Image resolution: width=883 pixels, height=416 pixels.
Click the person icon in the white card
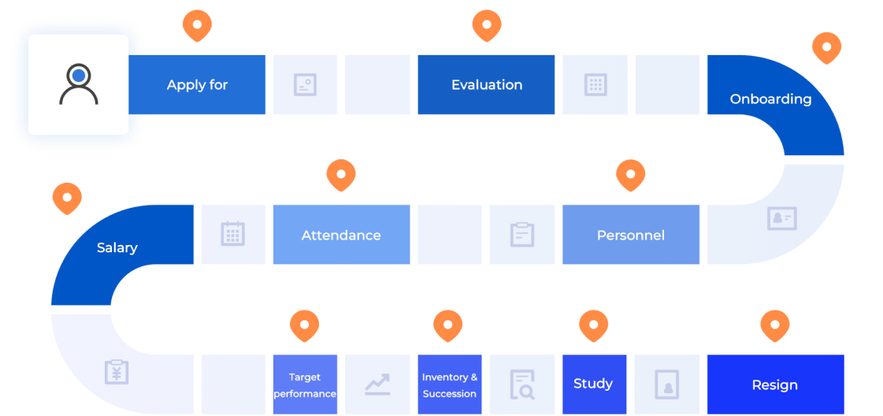(x=79, y=84)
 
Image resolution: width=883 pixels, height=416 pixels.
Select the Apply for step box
(x=197, y=84)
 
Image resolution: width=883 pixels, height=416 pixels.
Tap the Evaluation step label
(x=487, y=85)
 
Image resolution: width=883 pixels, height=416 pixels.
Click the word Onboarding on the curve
(x=770, y=99)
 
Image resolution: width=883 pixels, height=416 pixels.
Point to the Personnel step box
(x=631, y=234)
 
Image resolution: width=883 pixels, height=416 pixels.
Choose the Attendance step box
(x=341, y=234)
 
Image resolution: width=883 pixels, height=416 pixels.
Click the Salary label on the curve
(x=117, y=247)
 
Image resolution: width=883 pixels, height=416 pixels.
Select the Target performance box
(x=305, y=384)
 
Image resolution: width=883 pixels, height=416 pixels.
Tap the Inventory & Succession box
(x=450, y=384)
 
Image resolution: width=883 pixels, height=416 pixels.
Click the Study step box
(x=594, y=384)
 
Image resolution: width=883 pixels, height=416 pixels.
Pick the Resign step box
(x=775, y=384)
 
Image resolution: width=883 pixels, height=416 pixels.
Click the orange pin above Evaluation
(x=487, y=25)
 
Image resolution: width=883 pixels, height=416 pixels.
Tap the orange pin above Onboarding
(x=827, y=48)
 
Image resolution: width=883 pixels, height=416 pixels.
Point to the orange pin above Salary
(x=67, y=198)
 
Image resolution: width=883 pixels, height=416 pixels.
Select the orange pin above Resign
(x=775, y=325)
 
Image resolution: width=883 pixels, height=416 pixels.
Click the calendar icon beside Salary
(x=232, y=234)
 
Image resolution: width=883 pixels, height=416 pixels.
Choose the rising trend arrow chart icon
(x=377, y=384)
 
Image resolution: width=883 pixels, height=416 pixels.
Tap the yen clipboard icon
(x=117, y=372)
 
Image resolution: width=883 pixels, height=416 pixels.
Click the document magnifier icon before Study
(x=522, y=384)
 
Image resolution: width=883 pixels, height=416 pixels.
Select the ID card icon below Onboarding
(x=782, y=218)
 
